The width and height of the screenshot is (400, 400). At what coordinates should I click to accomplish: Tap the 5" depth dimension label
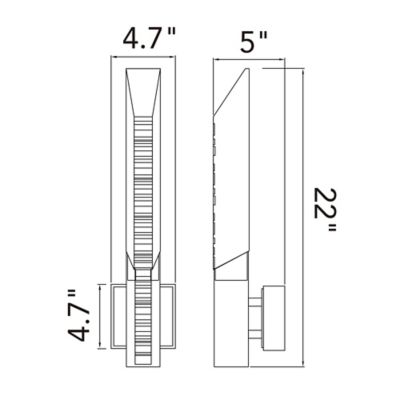click(x=254, y=42)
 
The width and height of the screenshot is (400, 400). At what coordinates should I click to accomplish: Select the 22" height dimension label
click(x=325, y=210)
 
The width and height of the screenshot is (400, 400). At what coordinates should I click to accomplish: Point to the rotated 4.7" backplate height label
click(x=79, y=316)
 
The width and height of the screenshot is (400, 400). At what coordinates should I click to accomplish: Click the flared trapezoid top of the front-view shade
click(x=144, y=92)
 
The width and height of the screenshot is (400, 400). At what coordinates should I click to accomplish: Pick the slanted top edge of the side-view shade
click(x=231, y=91)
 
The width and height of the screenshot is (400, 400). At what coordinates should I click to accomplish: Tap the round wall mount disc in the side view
click(x=274, y=319)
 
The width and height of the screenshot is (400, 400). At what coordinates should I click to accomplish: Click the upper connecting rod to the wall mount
click(x=255, y=302)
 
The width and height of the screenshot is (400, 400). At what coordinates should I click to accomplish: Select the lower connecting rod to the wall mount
click(x=255, y=334)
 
